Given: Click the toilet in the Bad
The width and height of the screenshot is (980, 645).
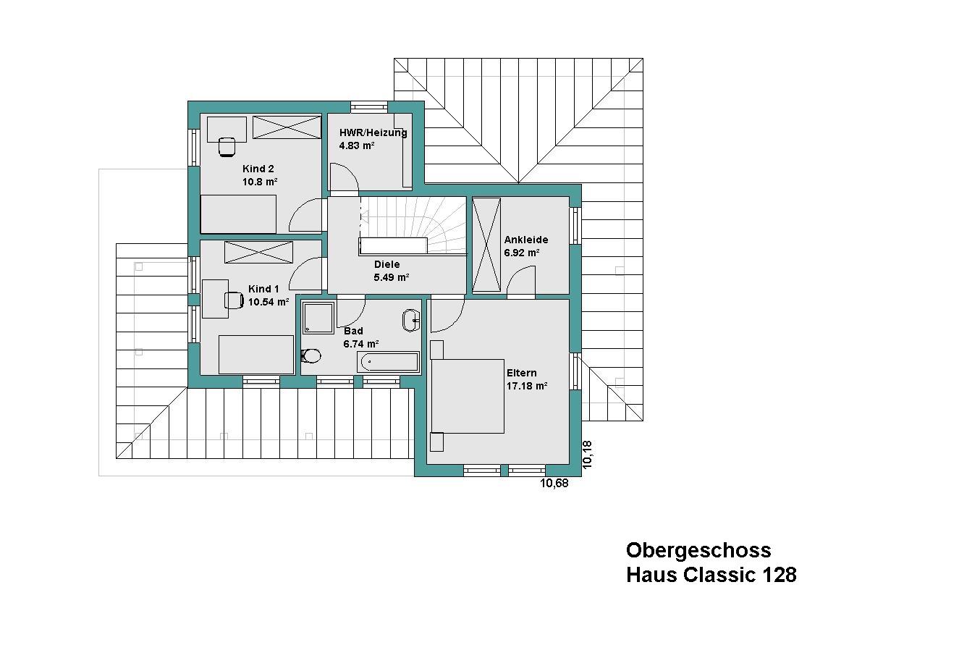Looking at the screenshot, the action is tap(311, 355).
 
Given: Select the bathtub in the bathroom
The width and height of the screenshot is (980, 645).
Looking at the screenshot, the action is tap(388, 363).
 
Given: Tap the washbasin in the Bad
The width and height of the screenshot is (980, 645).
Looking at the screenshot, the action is tap(411, 321).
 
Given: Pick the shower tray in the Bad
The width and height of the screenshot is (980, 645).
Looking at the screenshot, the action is tap(318, 318).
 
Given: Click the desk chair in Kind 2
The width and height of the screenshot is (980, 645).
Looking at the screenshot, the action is tap(227, 146).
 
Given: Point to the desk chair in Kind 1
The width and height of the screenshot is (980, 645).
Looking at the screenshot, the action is tap(234, 300).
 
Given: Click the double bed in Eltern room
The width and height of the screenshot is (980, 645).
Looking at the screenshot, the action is tap(468, 396).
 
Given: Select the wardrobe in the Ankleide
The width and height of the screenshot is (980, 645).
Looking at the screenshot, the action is tap(486, 245).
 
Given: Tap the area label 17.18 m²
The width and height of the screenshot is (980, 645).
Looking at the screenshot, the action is tap(527, 387).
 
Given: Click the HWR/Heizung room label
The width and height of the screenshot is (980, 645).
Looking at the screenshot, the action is tap(373, 132).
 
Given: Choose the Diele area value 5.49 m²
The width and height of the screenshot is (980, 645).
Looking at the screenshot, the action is tap(391, 277).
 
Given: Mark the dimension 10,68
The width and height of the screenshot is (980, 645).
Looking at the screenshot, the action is tap(554, 483).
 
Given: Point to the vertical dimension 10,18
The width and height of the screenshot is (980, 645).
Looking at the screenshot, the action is tap(588, 455).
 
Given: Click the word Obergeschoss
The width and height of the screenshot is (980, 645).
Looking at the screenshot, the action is tap(698, 550).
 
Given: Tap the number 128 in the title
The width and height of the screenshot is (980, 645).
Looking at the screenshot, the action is tap(780, 575).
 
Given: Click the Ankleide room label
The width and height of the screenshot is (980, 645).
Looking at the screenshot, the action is tap(526, 240).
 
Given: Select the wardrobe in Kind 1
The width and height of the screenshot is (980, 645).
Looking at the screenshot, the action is tap(258, 253).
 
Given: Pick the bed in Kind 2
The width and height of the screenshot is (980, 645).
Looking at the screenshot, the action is tap(238, 214).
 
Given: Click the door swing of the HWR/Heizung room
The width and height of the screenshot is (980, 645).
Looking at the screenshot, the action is tap(345, 177).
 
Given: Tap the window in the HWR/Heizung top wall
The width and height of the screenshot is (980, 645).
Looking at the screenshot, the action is tap(369, 107).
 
